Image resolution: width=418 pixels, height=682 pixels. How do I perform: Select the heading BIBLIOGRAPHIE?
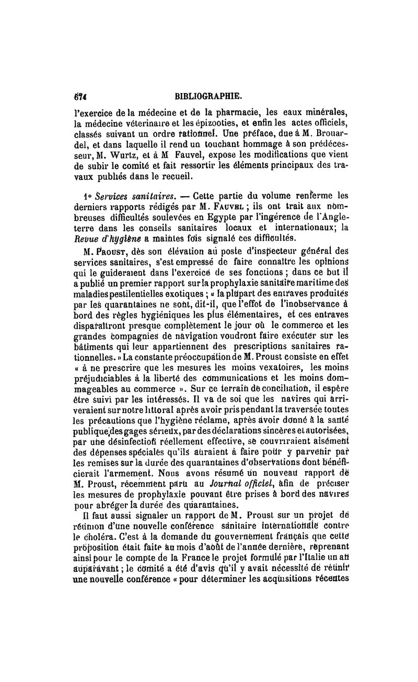210,96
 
